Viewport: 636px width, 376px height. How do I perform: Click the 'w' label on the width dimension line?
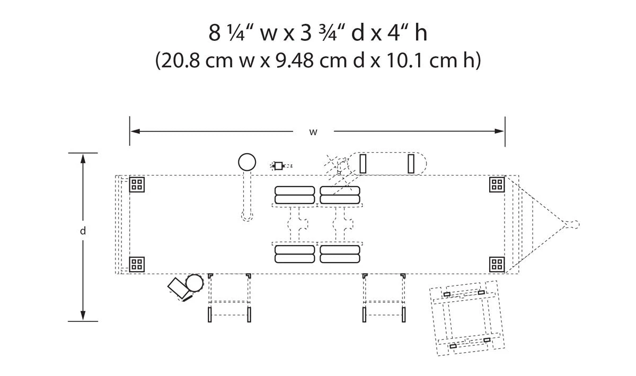313,132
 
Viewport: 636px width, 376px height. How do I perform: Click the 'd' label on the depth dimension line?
83,231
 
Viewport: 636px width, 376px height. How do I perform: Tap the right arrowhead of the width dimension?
499,132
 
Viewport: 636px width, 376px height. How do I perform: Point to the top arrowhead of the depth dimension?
83,159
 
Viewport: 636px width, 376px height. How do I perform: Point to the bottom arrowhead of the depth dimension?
83,316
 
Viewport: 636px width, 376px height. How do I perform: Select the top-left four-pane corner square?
137,185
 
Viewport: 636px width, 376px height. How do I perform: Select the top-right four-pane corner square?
497,185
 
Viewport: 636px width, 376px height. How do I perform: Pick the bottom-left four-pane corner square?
137,264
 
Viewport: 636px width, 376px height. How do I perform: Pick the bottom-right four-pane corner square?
497,264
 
